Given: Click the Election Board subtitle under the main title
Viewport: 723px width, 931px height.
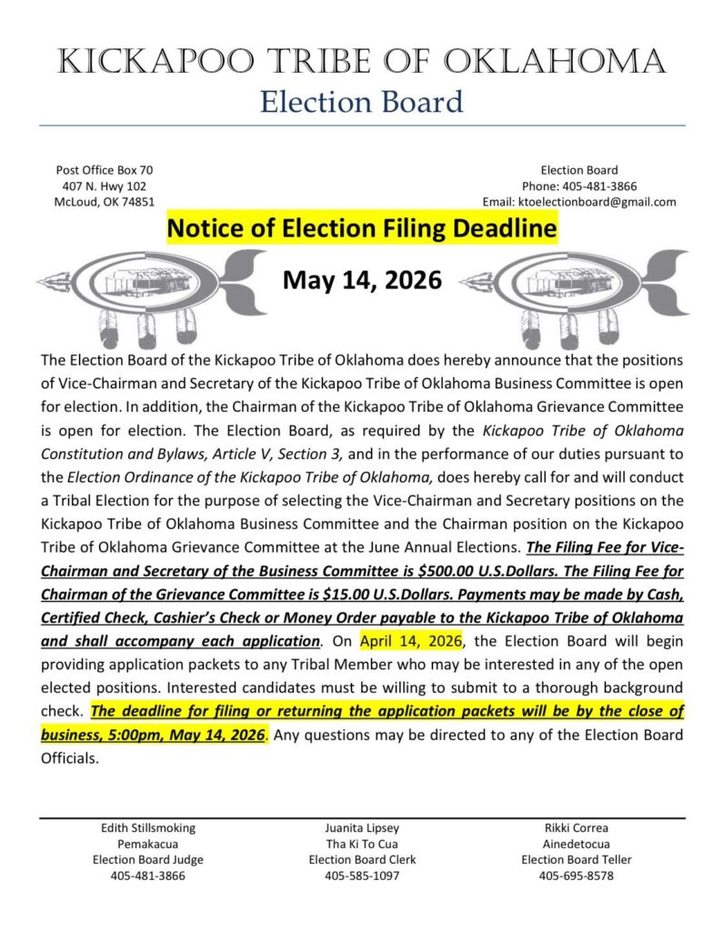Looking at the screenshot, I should point(361,101).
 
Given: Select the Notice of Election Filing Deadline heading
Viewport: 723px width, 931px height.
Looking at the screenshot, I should point(361,229).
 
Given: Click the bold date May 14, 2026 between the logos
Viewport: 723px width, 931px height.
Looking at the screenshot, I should point(362,279).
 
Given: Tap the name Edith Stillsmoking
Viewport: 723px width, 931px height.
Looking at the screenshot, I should point(147,828).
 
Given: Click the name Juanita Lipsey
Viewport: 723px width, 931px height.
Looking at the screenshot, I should point(362,828).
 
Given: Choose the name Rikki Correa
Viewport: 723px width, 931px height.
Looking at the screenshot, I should point(576,828).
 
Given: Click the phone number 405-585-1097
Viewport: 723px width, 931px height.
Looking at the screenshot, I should point(362,876).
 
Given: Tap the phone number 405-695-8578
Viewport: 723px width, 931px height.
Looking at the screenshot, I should point(576,876).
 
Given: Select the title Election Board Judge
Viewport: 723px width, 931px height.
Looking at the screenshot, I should point(147,860).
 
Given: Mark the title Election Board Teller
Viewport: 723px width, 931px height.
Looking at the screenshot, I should point(576,860).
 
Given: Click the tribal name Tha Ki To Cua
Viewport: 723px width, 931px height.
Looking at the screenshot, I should point(362,844).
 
